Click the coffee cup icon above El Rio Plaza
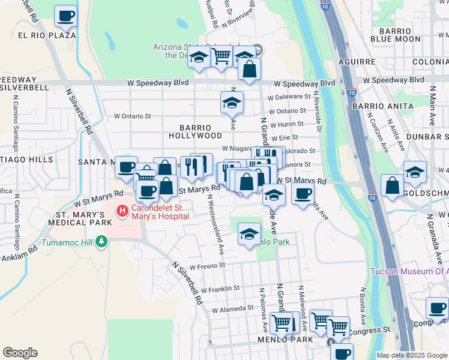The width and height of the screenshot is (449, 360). pos(66,16)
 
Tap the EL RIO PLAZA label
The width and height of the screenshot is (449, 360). pos(47,35)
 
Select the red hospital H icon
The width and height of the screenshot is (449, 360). pos(122,211)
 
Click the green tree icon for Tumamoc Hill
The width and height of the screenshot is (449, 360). pos(101,241)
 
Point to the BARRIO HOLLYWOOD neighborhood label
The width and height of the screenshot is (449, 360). pos(194,132)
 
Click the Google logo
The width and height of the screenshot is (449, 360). pos(20,352)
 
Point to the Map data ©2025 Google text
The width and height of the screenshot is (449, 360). pos(412,355)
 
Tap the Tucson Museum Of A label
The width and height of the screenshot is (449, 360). pos(409,271)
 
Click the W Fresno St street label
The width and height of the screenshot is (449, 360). pos(207,265)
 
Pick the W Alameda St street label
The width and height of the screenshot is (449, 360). pos(233,309)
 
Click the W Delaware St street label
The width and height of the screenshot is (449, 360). pos(289,96)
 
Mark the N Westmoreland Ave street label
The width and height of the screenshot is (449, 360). pos(214,222)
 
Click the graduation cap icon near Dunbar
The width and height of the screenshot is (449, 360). pos(415,172)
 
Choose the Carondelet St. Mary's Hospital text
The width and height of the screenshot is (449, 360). pos(160,211)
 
